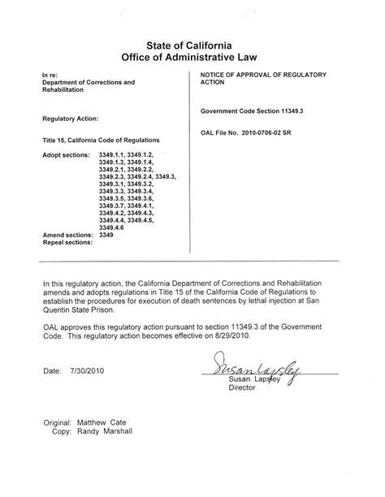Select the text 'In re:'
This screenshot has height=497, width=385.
50,75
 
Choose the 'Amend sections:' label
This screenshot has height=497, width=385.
67,234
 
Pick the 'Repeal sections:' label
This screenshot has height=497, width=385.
67,242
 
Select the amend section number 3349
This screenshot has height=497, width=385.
106,234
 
